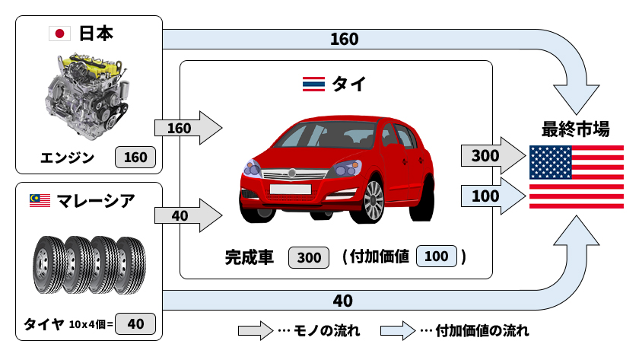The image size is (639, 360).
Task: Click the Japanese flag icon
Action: [59, 33]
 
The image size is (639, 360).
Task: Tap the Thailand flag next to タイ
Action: [313, 84]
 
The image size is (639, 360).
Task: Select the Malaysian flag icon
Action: [40, 200]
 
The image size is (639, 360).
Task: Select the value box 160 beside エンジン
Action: [135, 158]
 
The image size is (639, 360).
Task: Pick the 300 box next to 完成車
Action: [309, 257]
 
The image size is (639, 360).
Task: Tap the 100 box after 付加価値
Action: [436, 257]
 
